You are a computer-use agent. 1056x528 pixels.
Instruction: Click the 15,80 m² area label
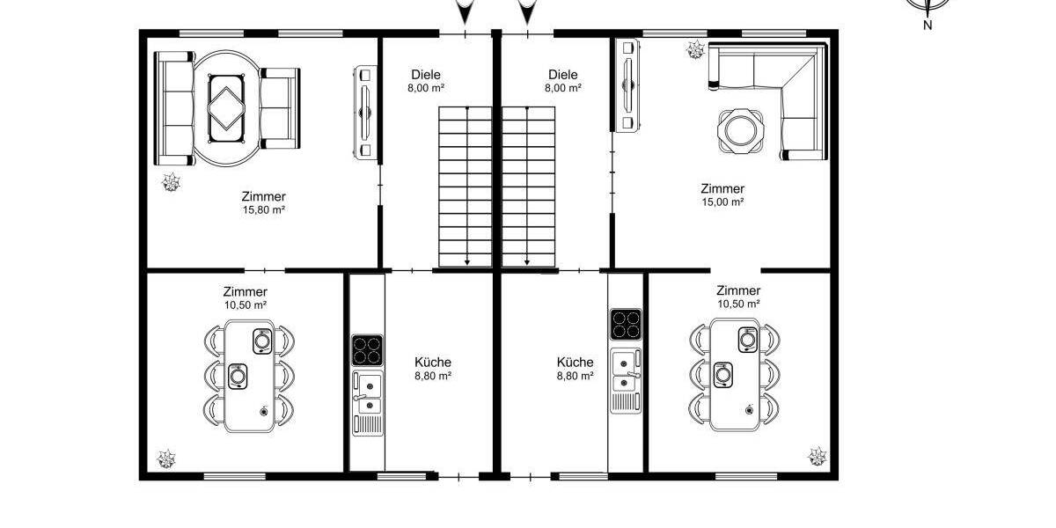pos(264,210)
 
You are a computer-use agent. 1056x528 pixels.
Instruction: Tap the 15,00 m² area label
pos(722,202)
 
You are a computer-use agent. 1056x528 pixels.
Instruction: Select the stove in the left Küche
pos(367,349)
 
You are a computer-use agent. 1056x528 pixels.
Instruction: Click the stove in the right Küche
pos(626,324)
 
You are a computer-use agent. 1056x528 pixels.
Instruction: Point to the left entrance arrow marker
pos(466,12)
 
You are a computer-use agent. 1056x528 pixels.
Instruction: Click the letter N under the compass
pos(928,26)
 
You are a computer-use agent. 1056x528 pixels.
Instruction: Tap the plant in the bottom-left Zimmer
pos(165,458)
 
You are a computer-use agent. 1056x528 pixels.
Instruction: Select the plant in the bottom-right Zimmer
pos(818,455)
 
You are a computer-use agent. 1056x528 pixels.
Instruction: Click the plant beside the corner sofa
pos(695,50)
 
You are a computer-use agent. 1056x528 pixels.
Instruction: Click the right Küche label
pos(575,362)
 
